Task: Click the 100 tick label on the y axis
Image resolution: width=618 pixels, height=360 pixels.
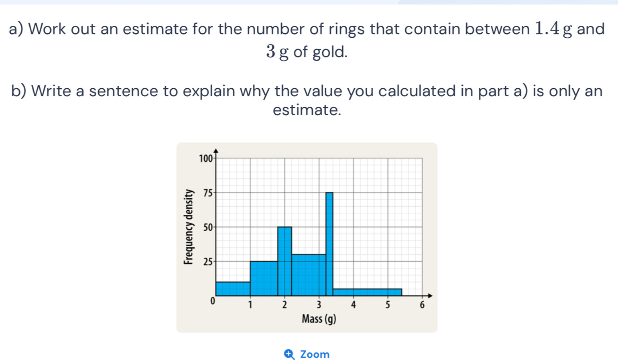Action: coord(205,159)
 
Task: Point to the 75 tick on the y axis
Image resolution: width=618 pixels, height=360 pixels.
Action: coord(207,193)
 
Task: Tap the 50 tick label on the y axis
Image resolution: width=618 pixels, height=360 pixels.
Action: coord(207,228)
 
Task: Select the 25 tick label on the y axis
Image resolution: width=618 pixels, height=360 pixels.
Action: coord(207,262)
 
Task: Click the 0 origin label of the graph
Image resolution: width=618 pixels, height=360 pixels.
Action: coord(213,301)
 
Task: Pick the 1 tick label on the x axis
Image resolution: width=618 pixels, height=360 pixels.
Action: coord(250,304)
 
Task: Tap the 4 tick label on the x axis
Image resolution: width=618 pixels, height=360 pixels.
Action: coord(353,304)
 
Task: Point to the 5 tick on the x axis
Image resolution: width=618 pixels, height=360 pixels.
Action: coord(387,304)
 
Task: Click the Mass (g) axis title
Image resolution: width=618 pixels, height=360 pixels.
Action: coord(319,319)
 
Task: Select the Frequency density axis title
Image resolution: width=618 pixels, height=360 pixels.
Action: coord(187,227)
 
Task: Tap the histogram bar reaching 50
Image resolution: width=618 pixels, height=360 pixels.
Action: coord(285,261)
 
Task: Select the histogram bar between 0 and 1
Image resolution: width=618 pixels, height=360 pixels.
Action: coord(233,289)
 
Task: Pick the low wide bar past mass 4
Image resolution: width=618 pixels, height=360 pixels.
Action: coord(367,292)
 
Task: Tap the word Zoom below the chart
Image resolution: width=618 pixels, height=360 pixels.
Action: coord(315,354)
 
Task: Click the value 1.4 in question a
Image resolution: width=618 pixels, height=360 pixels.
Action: coord(547,28)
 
